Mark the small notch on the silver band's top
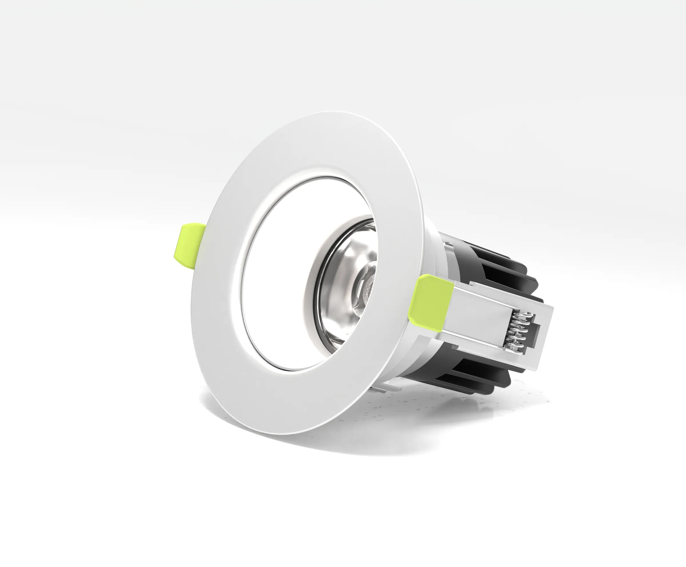click(449, 245)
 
